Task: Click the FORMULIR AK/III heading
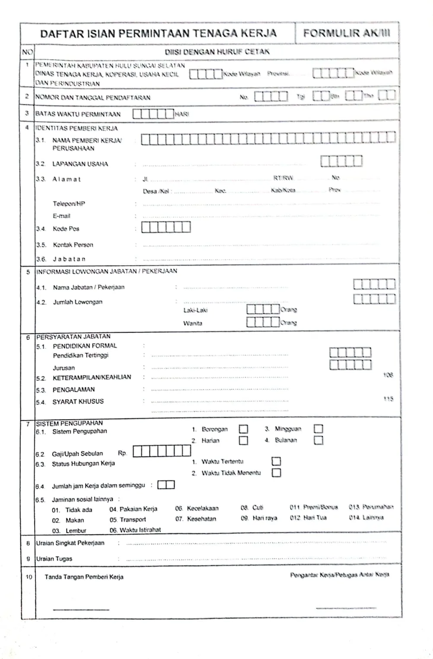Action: [346, 33]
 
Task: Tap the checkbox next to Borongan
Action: [243, 429]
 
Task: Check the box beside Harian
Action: [243, 440]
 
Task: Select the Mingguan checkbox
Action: [318, 429]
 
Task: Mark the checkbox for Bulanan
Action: [318, 440]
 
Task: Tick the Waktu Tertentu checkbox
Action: [276, 461]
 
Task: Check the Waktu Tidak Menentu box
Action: [276, 473]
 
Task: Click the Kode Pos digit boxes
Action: [166, 227]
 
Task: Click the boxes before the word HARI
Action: [153, 114]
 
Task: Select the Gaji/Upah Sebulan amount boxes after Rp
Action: [162, 451]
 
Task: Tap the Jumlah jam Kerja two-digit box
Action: [166, 485]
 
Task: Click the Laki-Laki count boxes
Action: [263, 309]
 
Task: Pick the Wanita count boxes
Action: [263, 322]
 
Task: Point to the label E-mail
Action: [61, 216]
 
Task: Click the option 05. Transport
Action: [127, 520]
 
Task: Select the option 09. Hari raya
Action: [259, 518]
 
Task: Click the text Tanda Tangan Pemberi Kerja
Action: [84, 577]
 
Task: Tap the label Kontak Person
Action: [73, 245]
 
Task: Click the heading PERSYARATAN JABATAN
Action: [73, 336]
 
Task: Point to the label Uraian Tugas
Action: [54, 559]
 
